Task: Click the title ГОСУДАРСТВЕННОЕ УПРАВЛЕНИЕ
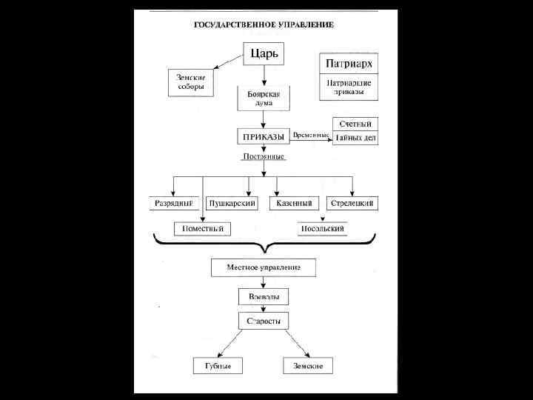tap(264, 24)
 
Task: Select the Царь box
tap(264, 53)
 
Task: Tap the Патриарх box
tap(348, 63)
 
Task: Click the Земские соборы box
tap(190, 82)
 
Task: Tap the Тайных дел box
tap(355, 137)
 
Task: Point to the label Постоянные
tap(264, 157)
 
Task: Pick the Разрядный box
tap(173, 203)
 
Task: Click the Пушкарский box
tap(232, 203)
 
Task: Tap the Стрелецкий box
tap(352, 203)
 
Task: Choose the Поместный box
tap(203, 229)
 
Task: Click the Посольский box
tap(322, 229)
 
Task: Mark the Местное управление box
tap(264, 267)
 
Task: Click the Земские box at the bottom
tap(307, 366)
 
